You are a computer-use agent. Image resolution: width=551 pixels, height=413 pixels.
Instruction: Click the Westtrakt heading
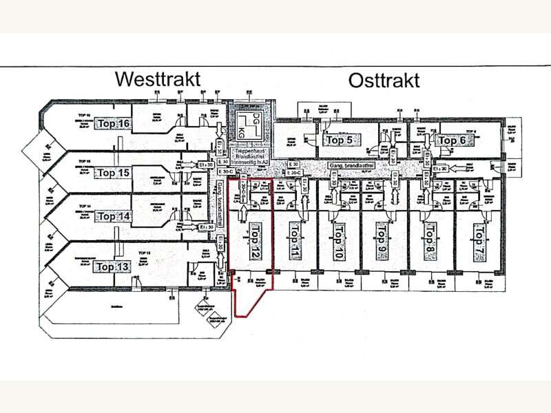click(x=158, y=78)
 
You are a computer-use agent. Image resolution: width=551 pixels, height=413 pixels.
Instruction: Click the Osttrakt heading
click(x=384, y=81)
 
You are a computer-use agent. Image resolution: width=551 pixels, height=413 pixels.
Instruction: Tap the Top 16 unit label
click(x=114, y=124)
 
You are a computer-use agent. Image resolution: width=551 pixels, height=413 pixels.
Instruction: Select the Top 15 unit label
click(x=114, y=173)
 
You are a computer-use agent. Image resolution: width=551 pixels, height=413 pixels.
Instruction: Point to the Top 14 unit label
click(x=114, y=216)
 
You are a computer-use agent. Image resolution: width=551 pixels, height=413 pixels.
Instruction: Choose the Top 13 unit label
click(x=114, y=266)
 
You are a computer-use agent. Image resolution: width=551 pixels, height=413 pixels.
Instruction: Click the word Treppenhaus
click(x=245, y=149)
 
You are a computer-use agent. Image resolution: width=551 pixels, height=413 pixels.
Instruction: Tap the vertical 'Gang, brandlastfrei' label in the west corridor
click(x=220, y=200)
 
